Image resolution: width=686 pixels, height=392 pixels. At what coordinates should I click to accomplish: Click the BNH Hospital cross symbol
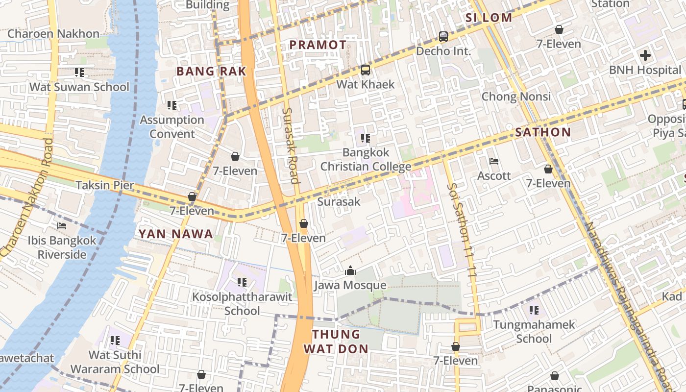click(645, 55)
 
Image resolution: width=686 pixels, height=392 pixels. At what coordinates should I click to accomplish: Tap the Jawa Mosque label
click(350, 285)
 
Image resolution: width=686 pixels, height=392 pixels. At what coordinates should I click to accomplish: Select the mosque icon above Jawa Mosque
click(350, 270)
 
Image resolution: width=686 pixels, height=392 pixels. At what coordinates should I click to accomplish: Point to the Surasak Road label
click(291, 146)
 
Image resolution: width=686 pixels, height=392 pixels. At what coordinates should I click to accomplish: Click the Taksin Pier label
click(104, 185)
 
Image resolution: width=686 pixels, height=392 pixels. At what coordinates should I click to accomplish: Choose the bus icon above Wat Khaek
click(365, 70)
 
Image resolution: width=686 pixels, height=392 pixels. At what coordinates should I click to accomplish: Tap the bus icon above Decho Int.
click(443, 37)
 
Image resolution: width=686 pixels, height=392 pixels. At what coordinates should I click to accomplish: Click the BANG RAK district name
click(211, 72)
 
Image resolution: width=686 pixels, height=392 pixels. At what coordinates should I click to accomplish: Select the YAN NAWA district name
click(176, 234)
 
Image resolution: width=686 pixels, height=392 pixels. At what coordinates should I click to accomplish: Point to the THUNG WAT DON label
click(336, 342)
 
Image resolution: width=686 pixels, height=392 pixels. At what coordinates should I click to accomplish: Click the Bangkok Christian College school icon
click(365, 138)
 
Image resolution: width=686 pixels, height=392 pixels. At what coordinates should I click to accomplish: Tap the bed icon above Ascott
click(494, 161)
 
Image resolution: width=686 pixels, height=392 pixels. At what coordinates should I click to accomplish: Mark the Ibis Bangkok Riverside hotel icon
click(62, 226)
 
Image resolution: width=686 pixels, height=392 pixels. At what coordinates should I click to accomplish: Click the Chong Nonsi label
click(516, 97)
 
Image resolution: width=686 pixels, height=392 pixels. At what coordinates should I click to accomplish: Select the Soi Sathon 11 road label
click(462, 230)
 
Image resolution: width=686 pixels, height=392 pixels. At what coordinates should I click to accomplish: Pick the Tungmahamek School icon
click(534, 310)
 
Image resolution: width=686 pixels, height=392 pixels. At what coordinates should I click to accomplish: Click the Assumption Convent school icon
click(171, 105)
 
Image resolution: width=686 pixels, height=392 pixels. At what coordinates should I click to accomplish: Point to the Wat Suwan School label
click(79, 87)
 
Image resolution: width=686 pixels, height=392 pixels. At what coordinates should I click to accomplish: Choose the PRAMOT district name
click(318, 45)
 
